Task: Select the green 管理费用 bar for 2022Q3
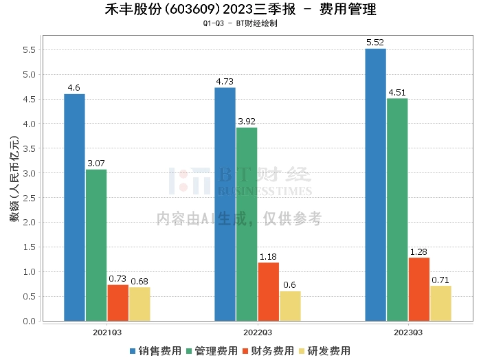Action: (247, 224)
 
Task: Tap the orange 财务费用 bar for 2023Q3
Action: (418, 289)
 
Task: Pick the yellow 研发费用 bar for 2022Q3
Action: (290, 306)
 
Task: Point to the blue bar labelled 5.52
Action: (375, 185)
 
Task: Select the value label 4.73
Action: (225, 82)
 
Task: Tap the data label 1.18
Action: (269, 257)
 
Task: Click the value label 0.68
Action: (139, 282)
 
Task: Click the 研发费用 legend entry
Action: (324, 350)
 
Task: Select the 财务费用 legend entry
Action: (268, 350)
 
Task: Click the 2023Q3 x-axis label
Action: (408, 331)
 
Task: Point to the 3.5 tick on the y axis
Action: (28, 148)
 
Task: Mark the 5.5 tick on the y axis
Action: (28, 50)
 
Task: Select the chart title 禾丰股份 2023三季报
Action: (240, 10)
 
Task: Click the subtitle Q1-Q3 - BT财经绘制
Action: (240, 23)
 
